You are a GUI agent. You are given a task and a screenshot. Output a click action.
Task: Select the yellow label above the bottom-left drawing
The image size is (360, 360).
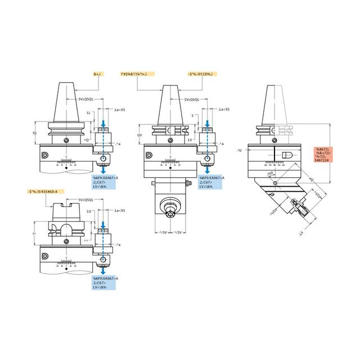46,192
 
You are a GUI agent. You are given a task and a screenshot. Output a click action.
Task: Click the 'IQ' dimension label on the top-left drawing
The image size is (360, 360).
35,133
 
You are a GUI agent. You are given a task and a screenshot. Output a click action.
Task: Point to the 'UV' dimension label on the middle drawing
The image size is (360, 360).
140,136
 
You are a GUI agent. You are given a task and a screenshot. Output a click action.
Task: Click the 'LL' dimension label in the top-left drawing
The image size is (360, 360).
88,113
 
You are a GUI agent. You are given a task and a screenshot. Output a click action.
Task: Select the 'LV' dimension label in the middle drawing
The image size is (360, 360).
190,138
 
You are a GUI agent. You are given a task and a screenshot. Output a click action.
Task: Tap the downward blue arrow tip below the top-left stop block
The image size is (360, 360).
103,173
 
